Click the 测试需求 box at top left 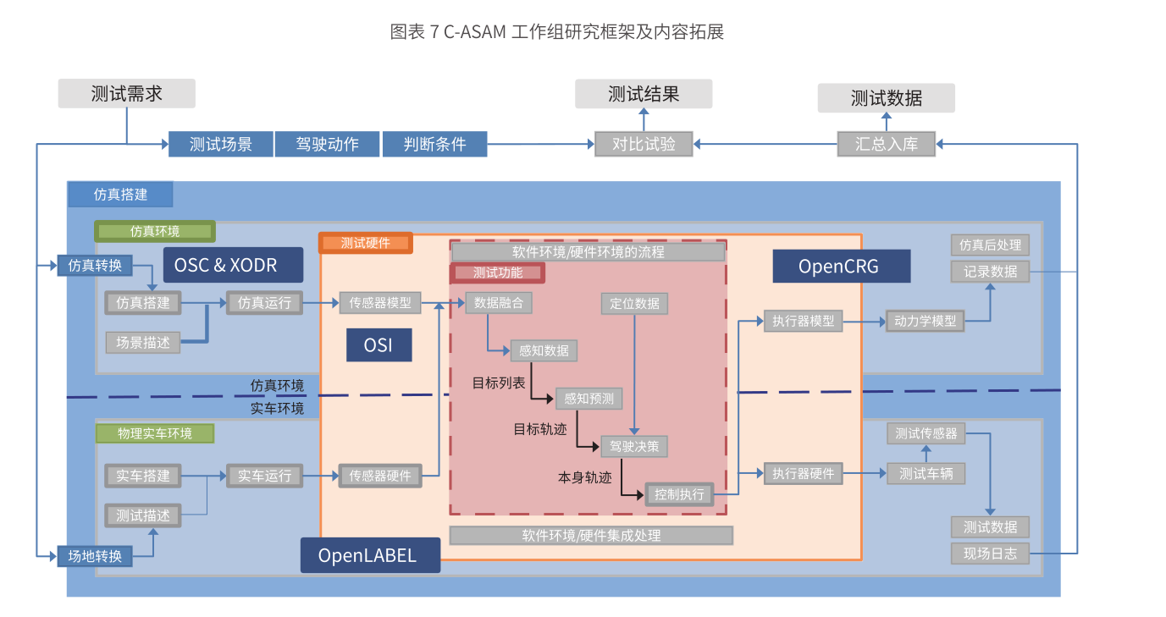pos(126,93)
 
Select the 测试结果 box pos(644,94)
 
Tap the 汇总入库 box pos(886,144)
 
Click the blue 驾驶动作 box pos(327,144)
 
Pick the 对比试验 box pos(644,144)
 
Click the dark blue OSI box pos(378,345)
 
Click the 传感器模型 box pos(380,303)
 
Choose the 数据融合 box pos(499,303)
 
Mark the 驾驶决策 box pos(634,446)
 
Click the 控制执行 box pos(679,494)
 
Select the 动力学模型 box pos(925,322)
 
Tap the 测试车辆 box pos(926,474)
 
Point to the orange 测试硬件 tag pos(366,243)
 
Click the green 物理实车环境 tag pos(154,433)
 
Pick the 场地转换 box pos(95,556)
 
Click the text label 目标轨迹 pos(540,429)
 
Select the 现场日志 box pos(990,554)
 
